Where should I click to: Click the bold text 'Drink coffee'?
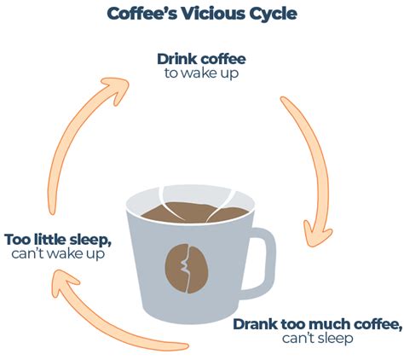[x=201, y=59]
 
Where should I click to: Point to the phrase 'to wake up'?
[x=202, y=73]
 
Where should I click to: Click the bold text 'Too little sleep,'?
[x=58, y=239]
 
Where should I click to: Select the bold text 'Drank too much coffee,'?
[x=317, y=324]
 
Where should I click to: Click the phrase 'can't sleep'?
[x=317, y=339]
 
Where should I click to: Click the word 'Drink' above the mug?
[x=176, y=59]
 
